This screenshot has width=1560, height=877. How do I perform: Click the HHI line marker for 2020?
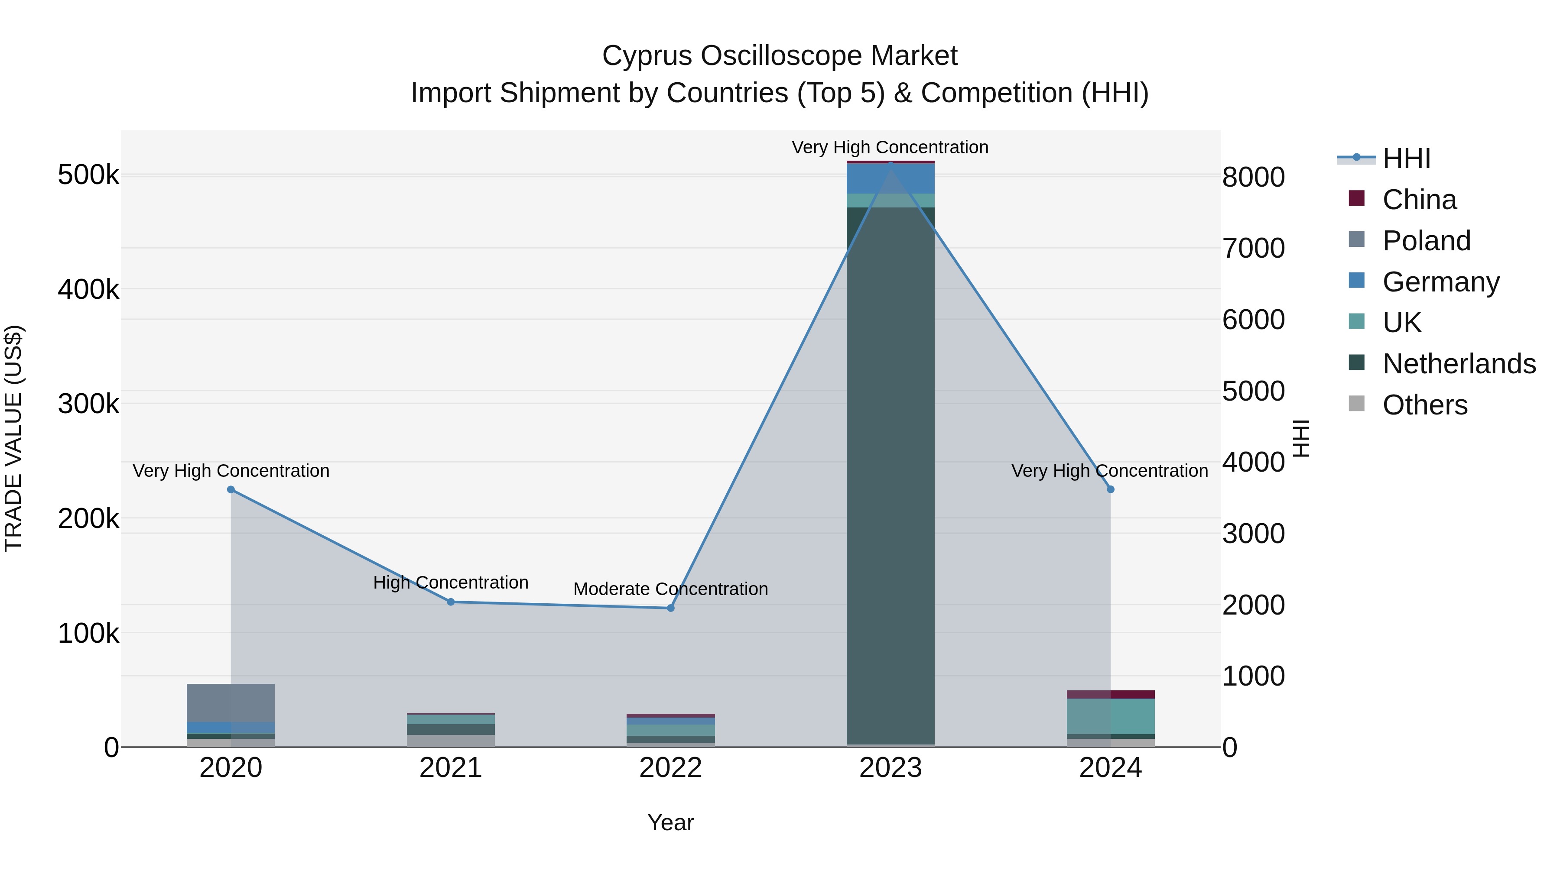231,490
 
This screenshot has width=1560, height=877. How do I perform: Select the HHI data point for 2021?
451,602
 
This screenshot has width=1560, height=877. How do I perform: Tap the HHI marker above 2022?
670,608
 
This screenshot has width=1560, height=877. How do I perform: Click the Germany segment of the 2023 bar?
890,178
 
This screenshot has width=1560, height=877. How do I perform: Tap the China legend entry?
1419,200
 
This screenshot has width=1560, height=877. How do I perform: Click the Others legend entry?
1424,405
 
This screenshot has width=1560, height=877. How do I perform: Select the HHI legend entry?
1406,159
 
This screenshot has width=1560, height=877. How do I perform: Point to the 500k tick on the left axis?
88,175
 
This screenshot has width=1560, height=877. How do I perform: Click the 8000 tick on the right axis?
1253,177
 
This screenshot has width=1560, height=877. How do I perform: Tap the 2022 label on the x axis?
670,768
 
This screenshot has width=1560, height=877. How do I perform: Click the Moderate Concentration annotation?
670,589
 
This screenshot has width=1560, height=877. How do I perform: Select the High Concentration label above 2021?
451,582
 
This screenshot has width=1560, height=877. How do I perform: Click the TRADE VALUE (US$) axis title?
13,438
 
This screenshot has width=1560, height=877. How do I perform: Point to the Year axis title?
670,822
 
